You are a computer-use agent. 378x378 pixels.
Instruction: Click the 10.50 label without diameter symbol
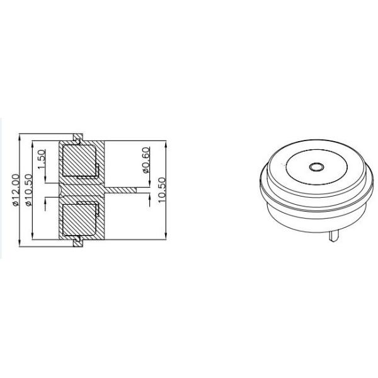point(161,189)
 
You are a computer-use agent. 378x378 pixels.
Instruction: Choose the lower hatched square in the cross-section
point(78,217)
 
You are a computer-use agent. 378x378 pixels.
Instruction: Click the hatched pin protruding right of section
point(122,189)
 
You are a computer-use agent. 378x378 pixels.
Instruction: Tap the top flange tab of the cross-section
point(77,136)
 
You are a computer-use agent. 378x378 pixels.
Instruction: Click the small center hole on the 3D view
point(316,168)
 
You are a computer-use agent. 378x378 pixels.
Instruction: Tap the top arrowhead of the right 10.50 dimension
point(165,142)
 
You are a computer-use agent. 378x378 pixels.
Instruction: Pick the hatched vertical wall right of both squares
point(104,189)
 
